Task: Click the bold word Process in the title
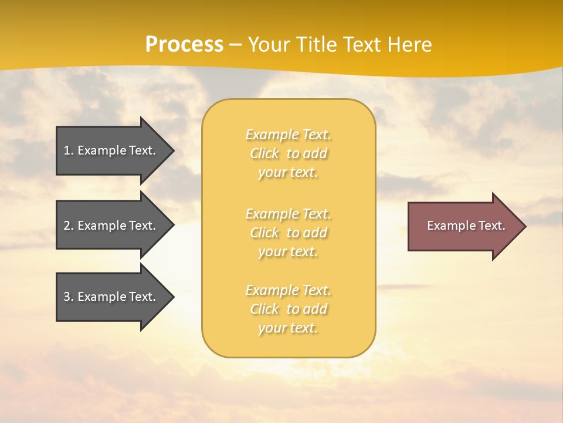[x=184, y=44]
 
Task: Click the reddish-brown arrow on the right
[x=463, y=226]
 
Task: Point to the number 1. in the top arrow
[x=69, y=150]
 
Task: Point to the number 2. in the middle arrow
[x=69, y=226]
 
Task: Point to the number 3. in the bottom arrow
[x=69, y=297]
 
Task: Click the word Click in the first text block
[x=264, y=153]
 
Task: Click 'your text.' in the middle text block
[x=288, y=251]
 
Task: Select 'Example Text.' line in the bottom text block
[x=288, y=290]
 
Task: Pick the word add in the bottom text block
[x=316, y=309]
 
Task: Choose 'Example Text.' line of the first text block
[x=288, y=135]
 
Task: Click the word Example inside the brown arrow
[x=447, y=226]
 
